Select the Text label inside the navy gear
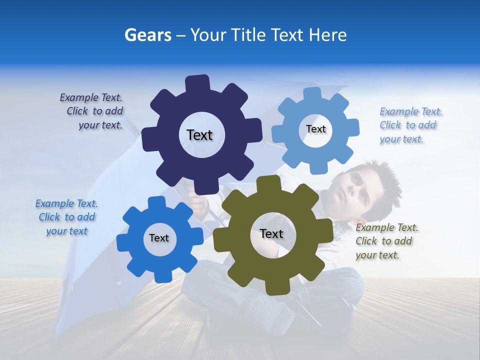coord(199,135)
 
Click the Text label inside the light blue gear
coord(315,129)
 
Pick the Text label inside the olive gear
coord(271,234)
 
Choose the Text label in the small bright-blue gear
coord(159,238)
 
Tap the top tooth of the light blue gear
coord(312,94)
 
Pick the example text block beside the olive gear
coord(385,241)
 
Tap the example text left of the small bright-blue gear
coord(66,217)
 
